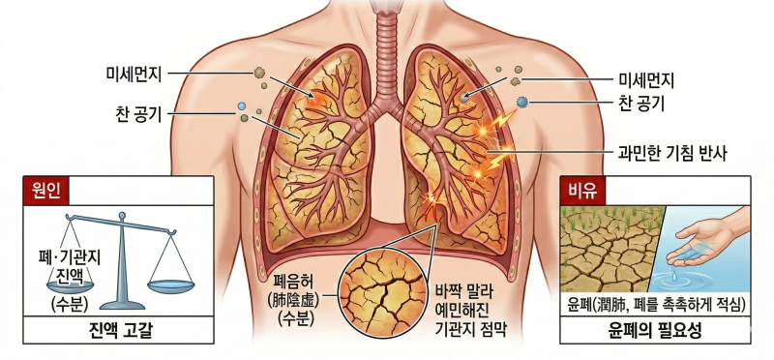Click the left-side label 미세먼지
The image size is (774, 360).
pyautogui.click(x=134, y=74)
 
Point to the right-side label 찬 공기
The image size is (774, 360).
pyautogui.click(x=641, y=104)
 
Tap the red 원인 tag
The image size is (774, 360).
pyautogui.click(x=45, y=191)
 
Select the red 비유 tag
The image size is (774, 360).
pyautogui.click(x=582, y=191)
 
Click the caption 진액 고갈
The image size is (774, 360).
pyautogui.click(x=119, y=330)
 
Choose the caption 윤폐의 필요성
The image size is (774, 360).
pyautogui.click(x=655, y=330)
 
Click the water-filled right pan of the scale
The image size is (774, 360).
pyautogui.click(x=171, y=285)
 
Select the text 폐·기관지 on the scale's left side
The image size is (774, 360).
pyautogui.click(x=69, y=257)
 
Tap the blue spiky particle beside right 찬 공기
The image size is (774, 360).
pyautogui.click(x=522, y=103)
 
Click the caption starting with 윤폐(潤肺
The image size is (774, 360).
pyautogui.click(x=656, y=305)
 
